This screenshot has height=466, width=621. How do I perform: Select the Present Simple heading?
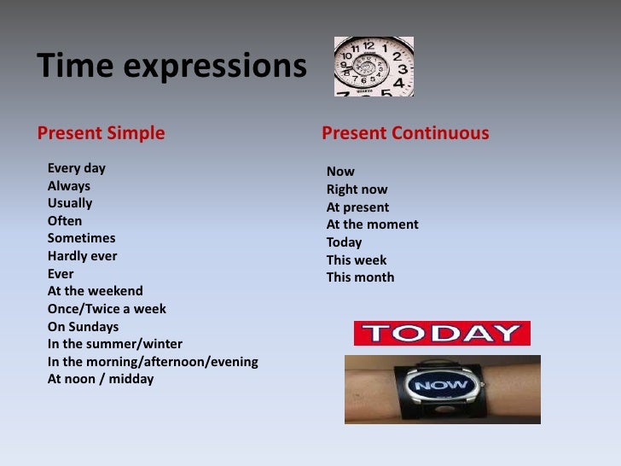pos(100,134)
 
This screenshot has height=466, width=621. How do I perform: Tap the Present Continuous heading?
pos(405,134)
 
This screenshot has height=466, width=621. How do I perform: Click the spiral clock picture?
pos(373,66)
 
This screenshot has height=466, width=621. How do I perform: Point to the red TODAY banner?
pos(442,333)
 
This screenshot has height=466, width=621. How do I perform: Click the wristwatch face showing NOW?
pos(440,386)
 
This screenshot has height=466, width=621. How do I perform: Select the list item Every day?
pos(77,168)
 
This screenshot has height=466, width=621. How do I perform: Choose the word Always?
pos(68,186)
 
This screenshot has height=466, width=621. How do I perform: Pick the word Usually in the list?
pos(70,204)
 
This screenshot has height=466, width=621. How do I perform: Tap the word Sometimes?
pos(81,239)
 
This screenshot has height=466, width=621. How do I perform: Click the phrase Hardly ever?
pos(82,256)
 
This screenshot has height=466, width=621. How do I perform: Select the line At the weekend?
pos(95,291)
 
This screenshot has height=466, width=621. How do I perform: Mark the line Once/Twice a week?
pos(107,309)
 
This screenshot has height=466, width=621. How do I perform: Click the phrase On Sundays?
pos(83,327)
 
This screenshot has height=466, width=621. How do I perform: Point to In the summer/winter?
pos(114,344)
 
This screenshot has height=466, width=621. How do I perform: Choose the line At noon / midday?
pos(100,379)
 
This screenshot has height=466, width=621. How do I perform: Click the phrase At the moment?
pos(372,224)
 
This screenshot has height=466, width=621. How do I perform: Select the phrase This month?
pos(360,277)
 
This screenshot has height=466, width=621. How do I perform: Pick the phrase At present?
pos(357,207)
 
